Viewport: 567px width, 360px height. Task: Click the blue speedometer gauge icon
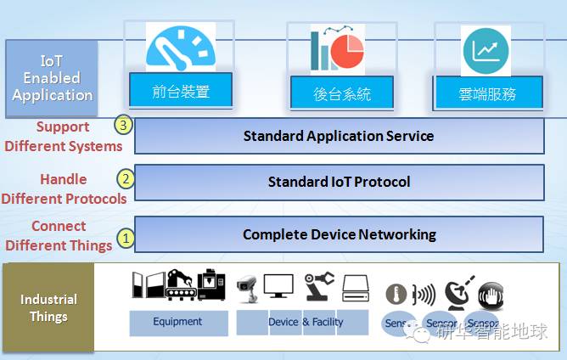coord(181,48)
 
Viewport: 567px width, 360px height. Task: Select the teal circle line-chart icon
coord(486,50)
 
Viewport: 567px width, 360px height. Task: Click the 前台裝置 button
coord(181,91)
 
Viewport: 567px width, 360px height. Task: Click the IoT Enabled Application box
coord(52,78)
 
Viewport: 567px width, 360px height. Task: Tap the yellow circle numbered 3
coord(125,125)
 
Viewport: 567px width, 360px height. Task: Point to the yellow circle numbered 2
coord(125,179)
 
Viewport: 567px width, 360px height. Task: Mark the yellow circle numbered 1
coord(125,239)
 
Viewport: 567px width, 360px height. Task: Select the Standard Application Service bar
coord(339,136)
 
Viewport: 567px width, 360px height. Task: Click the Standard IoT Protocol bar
coord(339,182)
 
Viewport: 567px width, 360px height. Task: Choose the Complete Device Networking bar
coord(339,234)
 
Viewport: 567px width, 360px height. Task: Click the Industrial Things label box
coord(49,307)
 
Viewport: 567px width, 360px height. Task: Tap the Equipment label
coord(178,323)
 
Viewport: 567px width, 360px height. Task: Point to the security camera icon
coord(246,285)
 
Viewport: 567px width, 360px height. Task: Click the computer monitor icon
coord(278,287)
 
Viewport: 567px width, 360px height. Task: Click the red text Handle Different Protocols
coord(64,189)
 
